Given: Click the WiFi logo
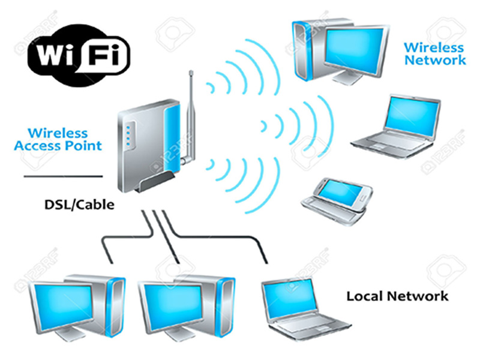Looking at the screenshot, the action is point(79,55).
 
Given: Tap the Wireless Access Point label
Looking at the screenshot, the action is point(58,140).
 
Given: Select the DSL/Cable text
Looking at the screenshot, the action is point(79,205).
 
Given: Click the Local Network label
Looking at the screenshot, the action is point(397,296).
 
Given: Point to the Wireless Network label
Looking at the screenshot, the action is point(434,54).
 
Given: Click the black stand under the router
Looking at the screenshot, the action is point(155,182).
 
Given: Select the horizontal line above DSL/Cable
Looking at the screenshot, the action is point(63,176).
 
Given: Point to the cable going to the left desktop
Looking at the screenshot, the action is point(128,236).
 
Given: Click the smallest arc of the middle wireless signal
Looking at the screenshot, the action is point(263,127).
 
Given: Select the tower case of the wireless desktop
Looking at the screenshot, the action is point(309,49).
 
